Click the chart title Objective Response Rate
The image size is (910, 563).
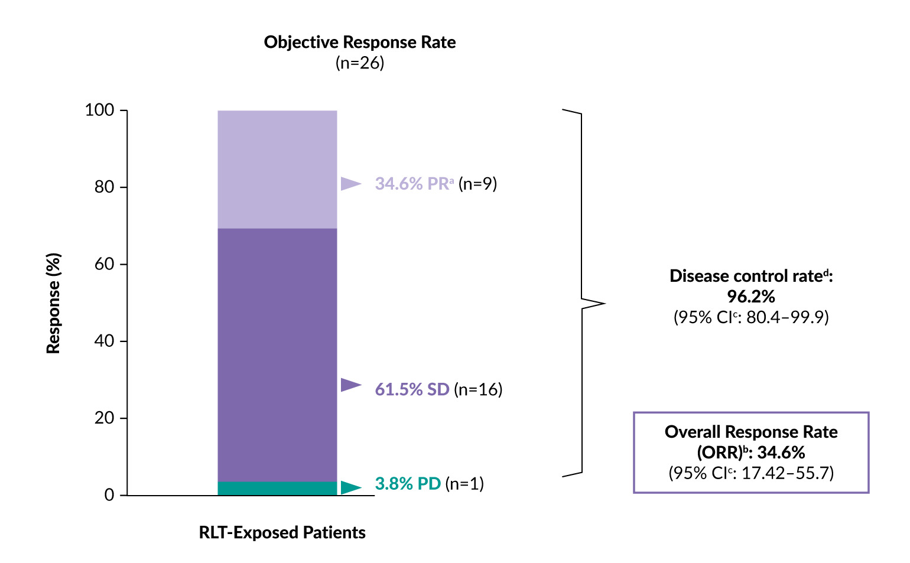[359, 43]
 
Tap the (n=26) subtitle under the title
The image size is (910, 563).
[359, 63]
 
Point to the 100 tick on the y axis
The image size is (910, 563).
[99, 110]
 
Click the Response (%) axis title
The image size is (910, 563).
[53, 303]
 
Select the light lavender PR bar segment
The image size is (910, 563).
[277, 170]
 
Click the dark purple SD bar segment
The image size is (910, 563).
[277, 354]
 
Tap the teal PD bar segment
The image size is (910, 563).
[277, 489]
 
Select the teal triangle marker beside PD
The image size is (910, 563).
[350, 487]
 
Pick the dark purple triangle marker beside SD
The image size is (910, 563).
[350, 385]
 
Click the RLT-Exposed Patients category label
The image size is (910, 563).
[282, 532]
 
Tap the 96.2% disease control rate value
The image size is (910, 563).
[750, 296]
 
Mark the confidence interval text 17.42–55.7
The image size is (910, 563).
[787, 473]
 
